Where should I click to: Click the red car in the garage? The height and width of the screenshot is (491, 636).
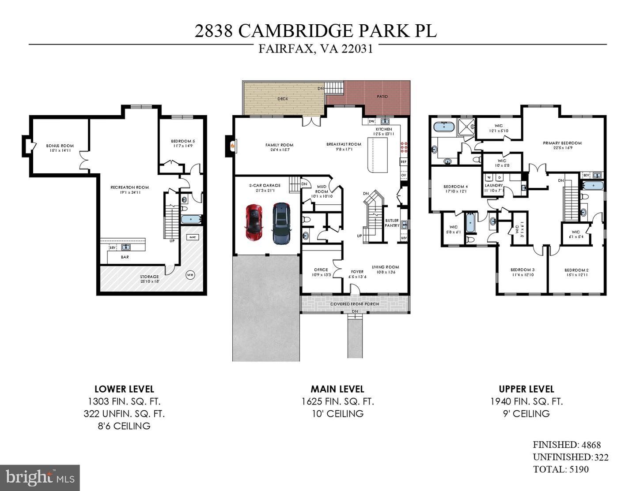click(x=254, y=222)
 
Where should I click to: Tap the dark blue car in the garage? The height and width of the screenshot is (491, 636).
click(x=281, y=223)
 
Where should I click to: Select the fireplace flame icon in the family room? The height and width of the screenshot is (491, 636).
click(x=232, y=145)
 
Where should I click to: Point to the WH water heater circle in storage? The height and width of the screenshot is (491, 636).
click(x=190, y=275)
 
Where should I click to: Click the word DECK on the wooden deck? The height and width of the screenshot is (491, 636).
click(x=283, y=99)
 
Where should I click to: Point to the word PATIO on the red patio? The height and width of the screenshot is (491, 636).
click(x=382, y=96)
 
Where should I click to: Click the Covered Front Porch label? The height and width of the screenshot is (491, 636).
click(x=355, y=304)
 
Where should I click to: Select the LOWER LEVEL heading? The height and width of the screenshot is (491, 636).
click(x=124, y=389)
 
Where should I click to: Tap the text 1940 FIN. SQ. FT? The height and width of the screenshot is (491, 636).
click(x=526, y=401)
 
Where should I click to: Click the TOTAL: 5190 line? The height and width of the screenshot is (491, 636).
click(x=561, y=469)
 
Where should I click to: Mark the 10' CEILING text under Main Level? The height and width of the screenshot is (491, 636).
click(x=337, y=414)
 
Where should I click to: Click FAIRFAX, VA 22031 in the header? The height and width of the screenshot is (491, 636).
click(x=315, y=49)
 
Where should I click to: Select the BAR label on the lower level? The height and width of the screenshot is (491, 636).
click(x=125, y=257)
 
